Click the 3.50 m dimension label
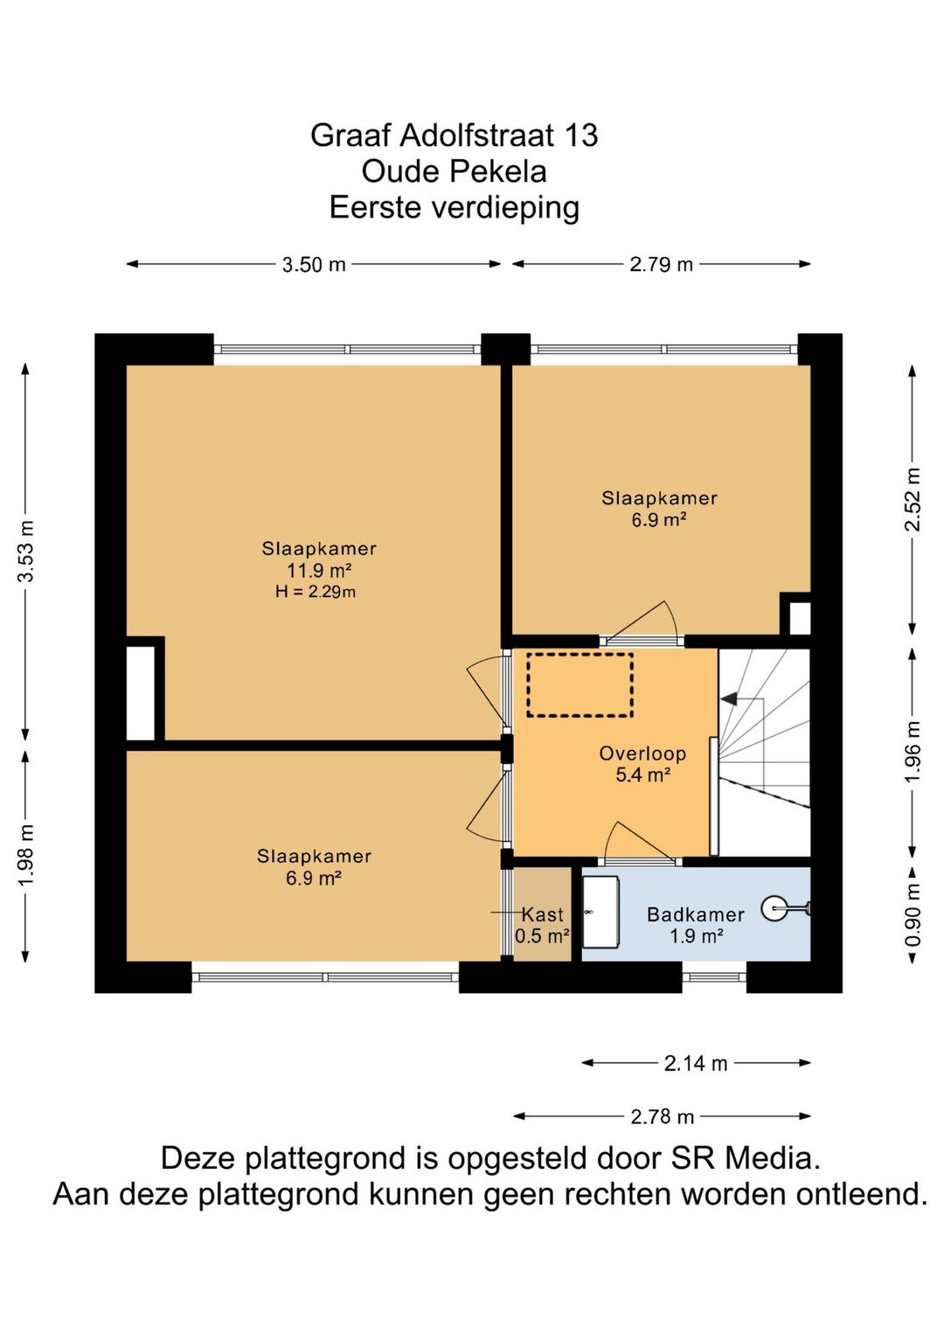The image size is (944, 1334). pyautogui.click(x=313, y=264)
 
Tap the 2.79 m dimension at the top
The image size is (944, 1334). pyautogui.click(x=661, y=264)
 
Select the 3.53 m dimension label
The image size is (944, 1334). pyautogui.click(x=27, y=551)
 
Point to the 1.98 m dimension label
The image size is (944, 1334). pyautogui.click(x=27, y=854)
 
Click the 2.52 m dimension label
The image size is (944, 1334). pyautogui.click(x=913, y=500)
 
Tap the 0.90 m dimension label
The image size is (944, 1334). pyautogui.click(x=913, y=914)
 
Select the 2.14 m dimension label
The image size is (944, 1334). pyautogui.click(x=695, y=1063)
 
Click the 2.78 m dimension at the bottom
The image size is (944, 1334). pyautogui.click(x=662, y=1116)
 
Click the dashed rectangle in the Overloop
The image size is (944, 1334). pyautogui.click(x=580, y=685)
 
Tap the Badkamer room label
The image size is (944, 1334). pyautogui.click(x=696, y=914)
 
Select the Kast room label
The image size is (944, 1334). pyautogui.click(x=543, y=914)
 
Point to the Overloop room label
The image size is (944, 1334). pyautogui.click(x=642, y=754)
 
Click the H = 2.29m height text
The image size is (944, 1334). pyautogui.click(x=316, y=592)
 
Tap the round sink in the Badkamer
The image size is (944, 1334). pyautogui.click(x=774, y=909)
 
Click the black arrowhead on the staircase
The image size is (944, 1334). pyautogui.click(x=729, y=699)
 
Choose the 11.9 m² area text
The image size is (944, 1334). pyautogui.click(x=319, y=571)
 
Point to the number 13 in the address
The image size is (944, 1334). pyautogui.click(x=581, y=135)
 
